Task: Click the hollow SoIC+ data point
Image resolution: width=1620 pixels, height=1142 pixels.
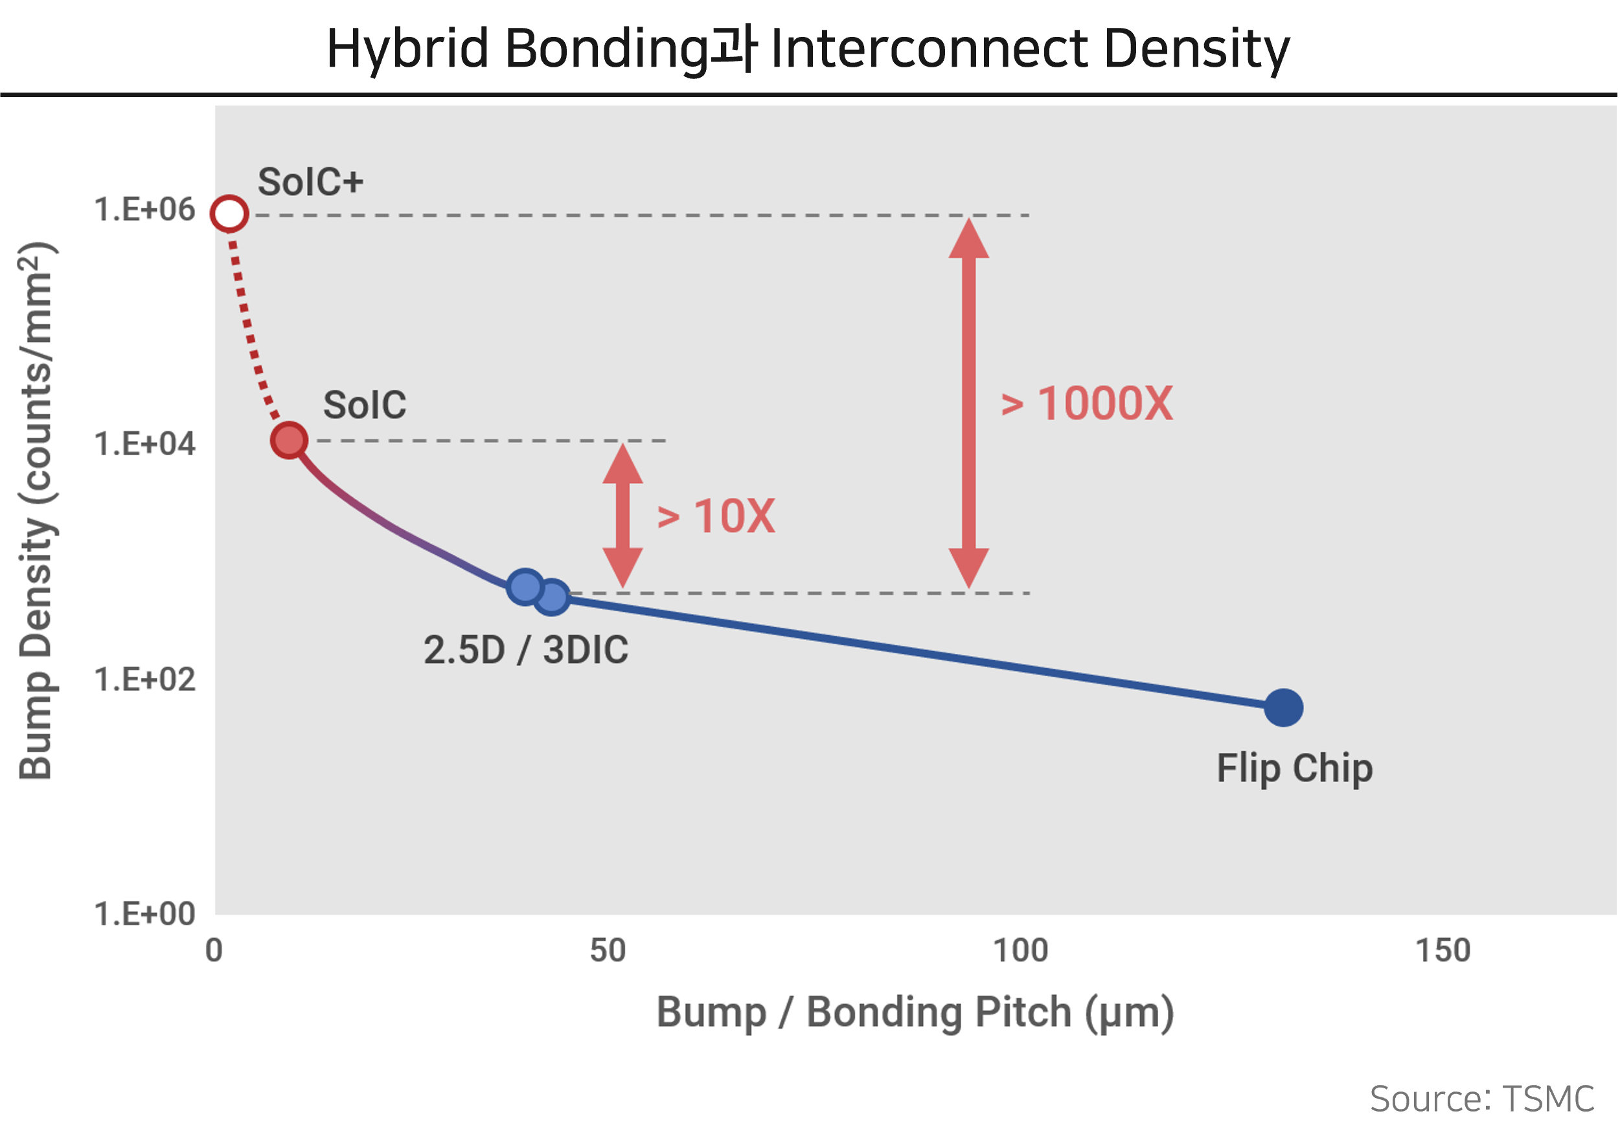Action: click(x=229, y=214)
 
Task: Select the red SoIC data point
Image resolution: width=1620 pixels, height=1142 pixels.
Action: click(x=289, y=440)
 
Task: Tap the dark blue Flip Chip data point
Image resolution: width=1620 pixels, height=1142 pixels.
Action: click(x=1283, y=708)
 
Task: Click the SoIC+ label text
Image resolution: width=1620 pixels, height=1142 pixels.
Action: click(x=310, y=182)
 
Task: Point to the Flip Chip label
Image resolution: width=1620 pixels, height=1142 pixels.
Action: click(x=1295, y=768)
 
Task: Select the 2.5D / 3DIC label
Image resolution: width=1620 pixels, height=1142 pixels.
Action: click(x=526, y=649)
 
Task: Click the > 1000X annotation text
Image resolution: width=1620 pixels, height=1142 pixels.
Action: click(x=1088, y=404)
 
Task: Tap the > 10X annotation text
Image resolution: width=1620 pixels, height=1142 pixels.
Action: click(x=716, y=517)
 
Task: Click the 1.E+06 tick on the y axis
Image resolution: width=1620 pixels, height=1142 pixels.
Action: click(x=144, y=210)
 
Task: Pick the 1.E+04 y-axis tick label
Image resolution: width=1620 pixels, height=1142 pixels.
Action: click(x=144, y=444)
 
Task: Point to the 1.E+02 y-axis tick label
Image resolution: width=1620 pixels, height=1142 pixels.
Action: click(x=144, y=679)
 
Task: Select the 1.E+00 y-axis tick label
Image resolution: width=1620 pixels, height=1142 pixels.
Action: click(x=144, y=914)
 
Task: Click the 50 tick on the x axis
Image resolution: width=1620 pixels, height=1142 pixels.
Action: click(x=608, y=951)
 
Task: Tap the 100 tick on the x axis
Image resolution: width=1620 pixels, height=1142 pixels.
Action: click(x=1020, y=951)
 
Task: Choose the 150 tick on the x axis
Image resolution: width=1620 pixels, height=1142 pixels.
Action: click(x=1443, y=951)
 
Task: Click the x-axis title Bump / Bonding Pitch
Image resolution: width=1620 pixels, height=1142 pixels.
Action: click(x=915, y=1013)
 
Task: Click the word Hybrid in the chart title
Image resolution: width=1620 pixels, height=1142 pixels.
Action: click(x=407, y=49)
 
